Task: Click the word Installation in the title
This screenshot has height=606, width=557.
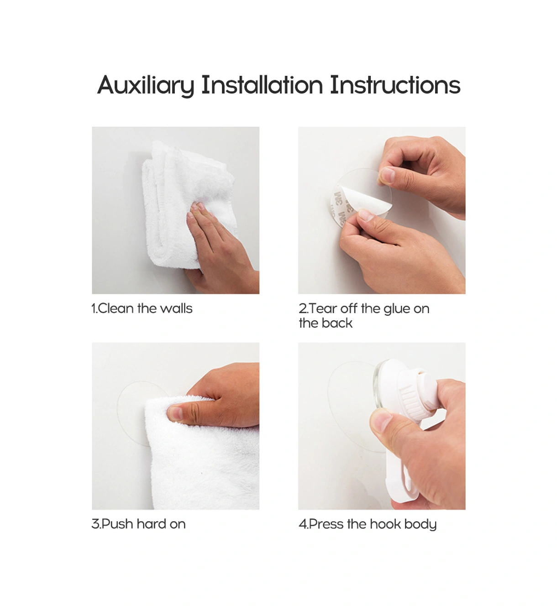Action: [x=262, y=85]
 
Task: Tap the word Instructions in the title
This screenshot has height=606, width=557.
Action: [x=395, y=85]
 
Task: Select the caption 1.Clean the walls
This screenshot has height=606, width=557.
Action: [x=142, y=308]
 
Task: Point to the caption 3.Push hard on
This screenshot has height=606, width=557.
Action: [x=138, y=524]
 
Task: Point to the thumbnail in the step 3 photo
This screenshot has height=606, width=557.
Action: [x=175, y=413]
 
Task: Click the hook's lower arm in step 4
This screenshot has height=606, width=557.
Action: [x=402, y=477]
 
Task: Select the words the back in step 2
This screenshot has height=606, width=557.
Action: [x=326, y=323]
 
